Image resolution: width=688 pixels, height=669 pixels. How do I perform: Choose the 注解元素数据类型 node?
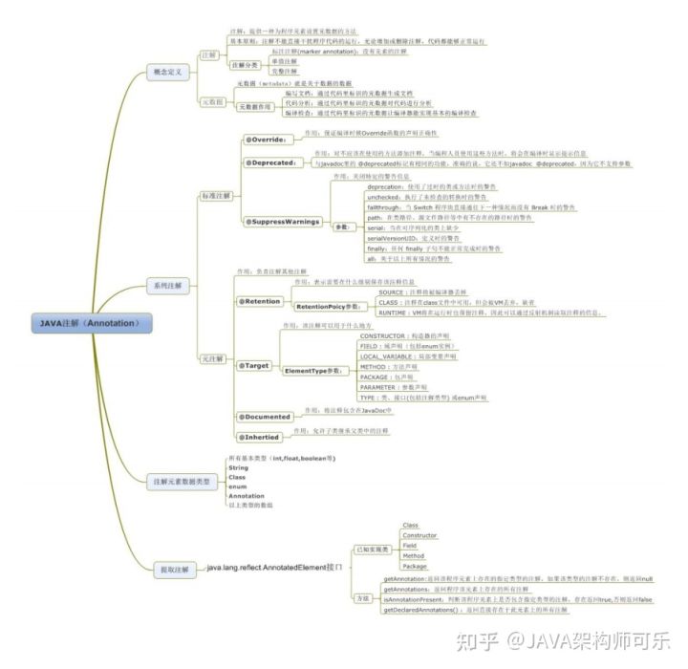[x=183, y=482]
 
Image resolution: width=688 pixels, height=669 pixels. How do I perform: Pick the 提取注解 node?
[x=173, y=569]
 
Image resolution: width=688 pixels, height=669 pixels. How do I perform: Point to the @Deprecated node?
[x=270, y=162]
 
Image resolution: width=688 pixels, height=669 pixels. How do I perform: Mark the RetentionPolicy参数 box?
[x=331, y=306]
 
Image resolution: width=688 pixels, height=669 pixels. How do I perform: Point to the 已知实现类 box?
[x=370, y=549]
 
